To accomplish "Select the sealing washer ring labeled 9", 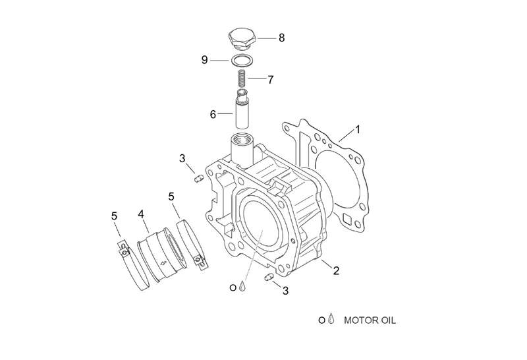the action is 242,61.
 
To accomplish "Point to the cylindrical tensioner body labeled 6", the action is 242,109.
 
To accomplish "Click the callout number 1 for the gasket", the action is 358,129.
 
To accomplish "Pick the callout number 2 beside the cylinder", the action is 336,270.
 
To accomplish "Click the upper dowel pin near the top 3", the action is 198,178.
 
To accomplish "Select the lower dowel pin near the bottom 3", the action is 268,277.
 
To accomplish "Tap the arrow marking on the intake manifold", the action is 164,264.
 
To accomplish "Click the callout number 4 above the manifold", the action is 141,214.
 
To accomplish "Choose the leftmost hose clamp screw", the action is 125,251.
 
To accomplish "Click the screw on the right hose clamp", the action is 199,260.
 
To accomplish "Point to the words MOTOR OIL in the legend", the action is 370,320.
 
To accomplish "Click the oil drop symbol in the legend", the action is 331,318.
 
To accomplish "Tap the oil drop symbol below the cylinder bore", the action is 242,286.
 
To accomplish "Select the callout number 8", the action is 282,38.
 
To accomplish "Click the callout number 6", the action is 213,114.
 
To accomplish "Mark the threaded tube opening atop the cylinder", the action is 242,138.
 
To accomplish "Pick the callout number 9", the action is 205,60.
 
